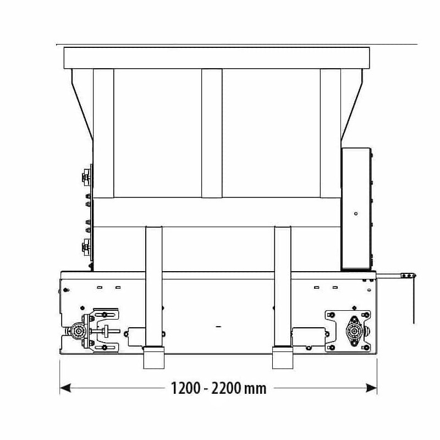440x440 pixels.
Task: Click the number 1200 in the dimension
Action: [185, 388]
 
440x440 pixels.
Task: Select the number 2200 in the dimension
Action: [226, 388]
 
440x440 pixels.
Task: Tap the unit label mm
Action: [255, 389]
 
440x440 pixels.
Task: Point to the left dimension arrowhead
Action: [65, 388]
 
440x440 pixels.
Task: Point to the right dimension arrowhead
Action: [371, 388]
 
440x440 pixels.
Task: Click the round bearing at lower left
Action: [78, 332]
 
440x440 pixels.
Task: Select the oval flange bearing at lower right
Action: [354, 332]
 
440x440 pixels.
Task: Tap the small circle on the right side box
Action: [356, 213]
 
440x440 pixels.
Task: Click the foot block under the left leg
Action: [154, 358]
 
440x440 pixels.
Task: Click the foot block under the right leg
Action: [283, 358]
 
